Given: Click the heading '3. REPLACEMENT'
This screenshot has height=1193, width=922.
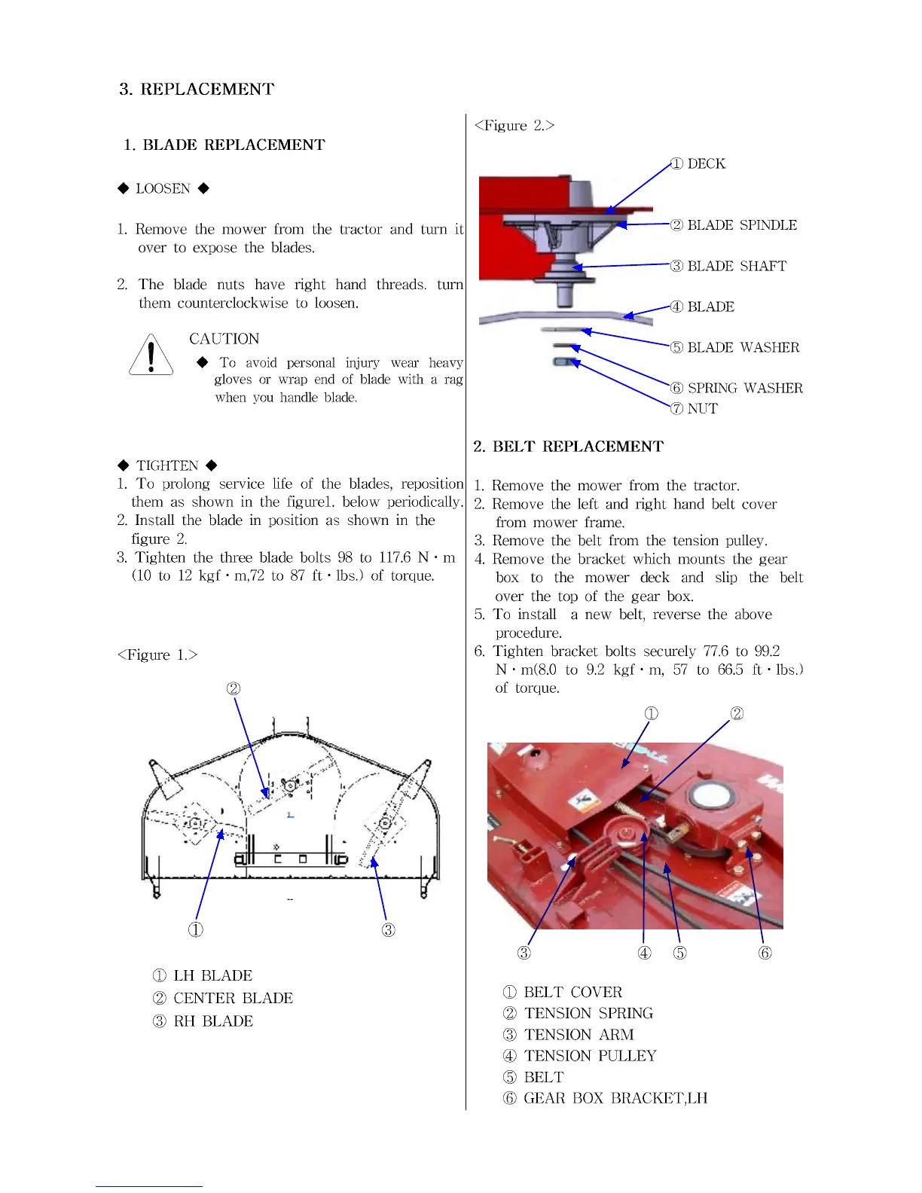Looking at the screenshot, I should (197, 89).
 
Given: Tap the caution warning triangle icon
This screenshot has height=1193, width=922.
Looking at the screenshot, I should (151, 355).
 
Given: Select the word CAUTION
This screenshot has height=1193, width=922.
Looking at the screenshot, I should (224, 339).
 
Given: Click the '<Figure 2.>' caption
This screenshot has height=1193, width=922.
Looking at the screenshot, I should (514, 126).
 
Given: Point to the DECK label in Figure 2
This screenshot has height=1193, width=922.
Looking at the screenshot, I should (706, 164).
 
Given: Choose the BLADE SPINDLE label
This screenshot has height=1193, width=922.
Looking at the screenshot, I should (741, 225).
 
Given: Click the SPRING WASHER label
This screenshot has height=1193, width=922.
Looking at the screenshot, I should (744, 388).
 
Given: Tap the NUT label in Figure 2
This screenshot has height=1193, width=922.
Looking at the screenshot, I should (702, 409).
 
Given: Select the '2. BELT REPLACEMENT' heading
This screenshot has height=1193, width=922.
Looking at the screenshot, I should (568, 447).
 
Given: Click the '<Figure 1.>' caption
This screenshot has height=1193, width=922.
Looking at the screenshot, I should (157, 654).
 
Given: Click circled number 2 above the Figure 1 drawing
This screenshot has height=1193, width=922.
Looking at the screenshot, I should (234, 688).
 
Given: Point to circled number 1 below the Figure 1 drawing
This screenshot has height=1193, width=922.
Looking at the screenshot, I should (195, 929).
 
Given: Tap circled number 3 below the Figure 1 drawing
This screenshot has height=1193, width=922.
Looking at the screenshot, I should (388, 929).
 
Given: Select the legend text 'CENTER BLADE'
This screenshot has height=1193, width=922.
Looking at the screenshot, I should (233, 998).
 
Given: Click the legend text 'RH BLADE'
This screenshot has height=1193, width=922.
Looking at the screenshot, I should (213, 1021).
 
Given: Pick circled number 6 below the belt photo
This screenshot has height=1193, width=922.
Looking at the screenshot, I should (765, 953).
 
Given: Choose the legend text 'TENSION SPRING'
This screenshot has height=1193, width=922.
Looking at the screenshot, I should (588, 1013).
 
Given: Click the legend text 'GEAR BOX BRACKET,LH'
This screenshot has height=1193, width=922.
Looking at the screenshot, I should (615, 1098).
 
